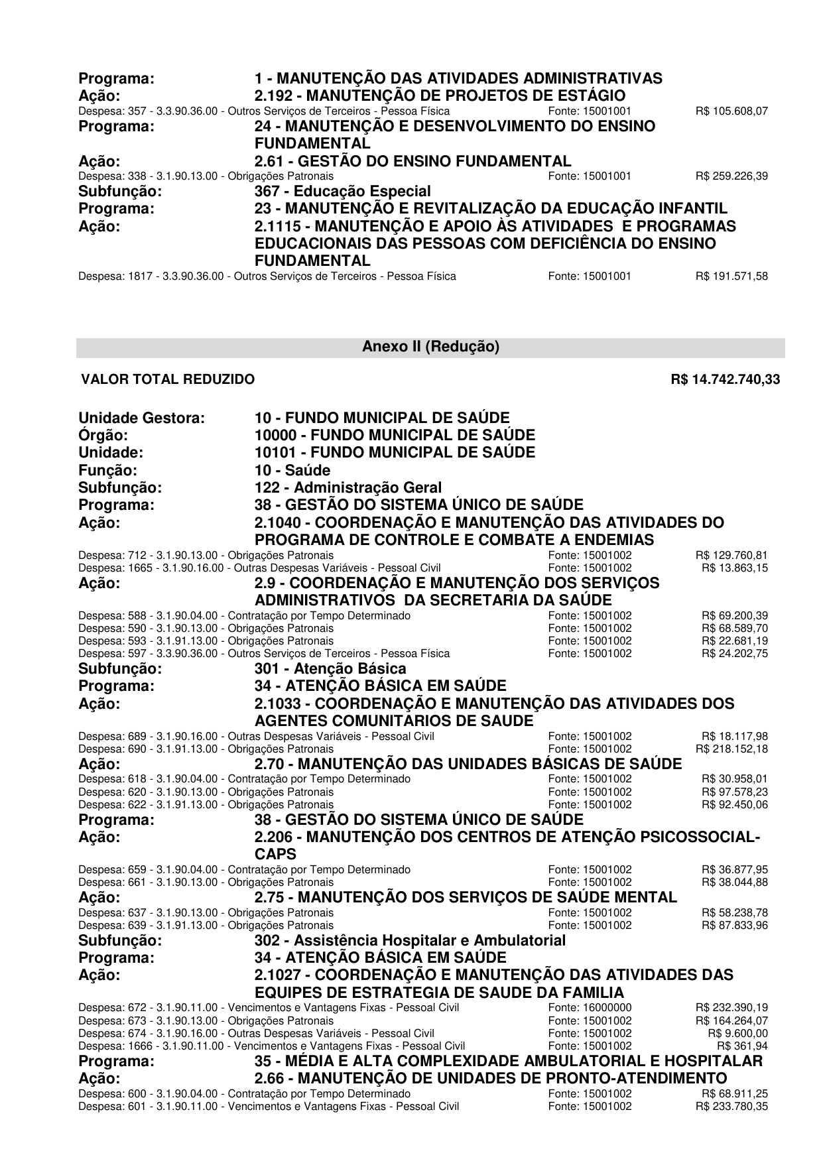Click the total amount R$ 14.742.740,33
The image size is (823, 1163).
[726, 380]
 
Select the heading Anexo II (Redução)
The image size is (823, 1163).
[430, 347]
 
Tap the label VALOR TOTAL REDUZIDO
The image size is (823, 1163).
[168, 380]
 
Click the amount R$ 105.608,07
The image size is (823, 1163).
[731, 111]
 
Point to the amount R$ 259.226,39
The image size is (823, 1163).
[731, 176]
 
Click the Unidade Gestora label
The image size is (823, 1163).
[141, 418]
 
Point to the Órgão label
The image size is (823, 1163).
[103, 436]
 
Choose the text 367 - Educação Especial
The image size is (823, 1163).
[342, 192]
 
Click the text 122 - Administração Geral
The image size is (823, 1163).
[348, 488]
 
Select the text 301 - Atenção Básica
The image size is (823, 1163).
[330, 669]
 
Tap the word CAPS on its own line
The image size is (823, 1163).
[275, 854]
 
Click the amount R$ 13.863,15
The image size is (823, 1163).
[735, 568]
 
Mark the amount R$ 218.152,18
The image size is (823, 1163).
[731, 749]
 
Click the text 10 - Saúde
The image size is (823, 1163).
[292, 471]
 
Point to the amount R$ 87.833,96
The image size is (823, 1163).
[735, 926]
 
